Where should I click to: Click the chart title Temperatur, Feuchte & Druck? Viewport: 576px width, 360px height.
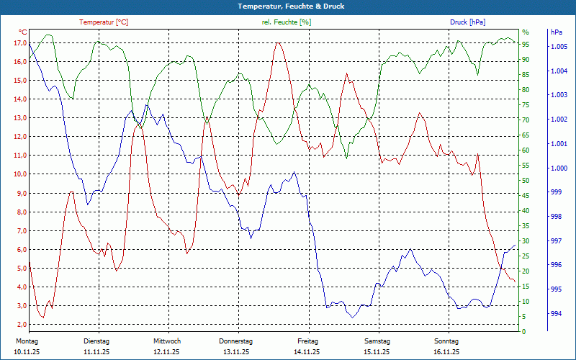coord(288,6)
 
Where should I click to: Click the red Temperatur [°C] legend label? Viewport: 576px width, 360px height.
coord(104,22)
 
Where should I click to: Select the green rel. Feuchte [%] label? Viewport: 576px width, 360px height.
coord(287,22)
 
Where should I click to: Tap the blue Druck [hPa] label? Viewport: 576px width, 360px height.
coord(467,22)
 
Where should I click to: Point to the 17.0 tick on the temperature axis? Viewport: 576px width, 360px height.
coord(19,43)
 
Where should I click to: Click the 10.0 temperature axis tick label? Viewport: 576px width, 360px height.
coord(19,174)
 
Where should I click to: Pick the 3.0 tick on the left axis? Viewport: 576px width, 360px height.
coord(22,305)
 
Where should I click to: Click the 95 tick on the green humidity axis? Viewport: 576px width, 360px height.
coord(526,44)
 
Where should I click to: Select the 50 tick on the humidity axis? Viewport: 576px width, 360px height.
coord(526,181)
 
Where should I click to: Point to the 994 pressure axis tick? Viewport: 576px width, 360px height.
coord(556,314)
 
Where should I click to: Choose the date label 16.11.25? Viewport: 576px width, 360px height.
coord(446,352)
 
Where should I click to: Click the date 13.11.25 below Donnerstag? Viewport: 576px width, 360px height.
coord(236,352)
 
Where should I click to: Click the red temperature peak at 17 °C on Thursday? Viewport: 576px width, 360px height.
coord(278,43)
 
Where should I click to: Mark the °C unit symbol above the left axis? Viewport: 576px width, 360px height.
coord(23,32)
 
